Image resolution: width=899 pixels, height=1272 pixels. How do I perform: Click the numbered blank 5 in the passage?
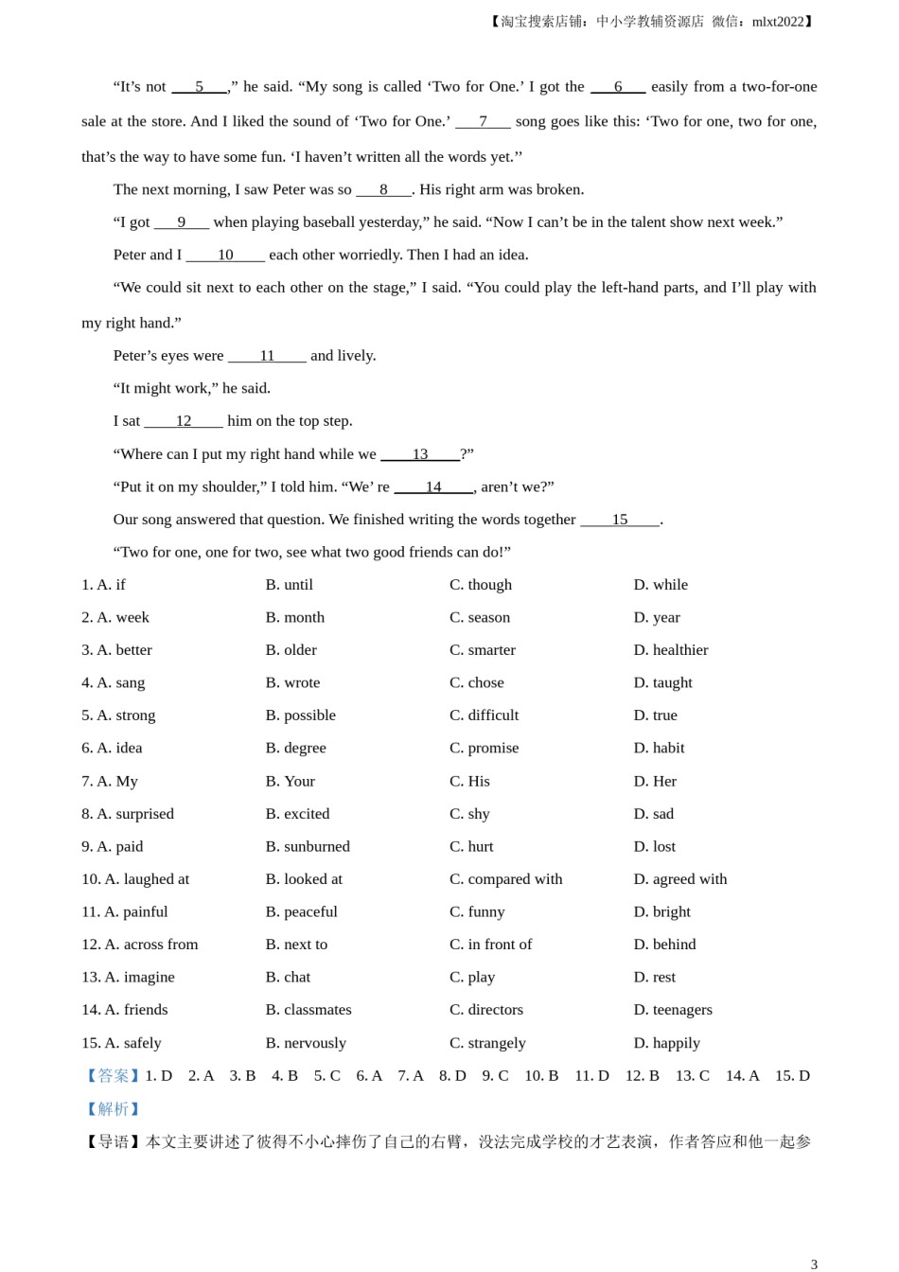(199, 87)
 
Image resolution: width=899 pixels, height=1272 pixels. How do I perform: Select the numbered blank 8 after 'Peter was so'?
(383, 189)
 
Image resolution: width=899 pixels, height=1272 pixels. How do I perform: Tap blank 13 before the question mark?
(420, 454)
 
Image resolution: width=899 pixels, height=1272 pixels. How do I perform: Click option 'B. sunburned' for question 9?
(308, 846)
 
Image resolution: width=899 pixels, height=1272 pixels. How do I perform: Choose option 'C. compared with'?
(505, 879)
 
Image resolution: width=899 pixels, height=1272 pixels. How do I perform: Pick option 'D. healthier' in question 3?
(670, 650)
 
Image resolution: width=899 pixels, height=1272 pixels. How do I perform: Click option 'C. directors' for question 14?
(485, 1010)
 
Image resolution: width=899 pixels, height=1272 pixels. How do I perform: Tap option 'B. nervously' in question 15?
(306, 1043)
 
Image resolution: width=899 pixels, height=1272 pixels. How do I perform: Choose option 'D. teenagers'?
(672, 1010)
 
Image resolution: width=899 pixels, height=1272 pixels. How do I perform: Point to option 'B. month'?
(294, 617)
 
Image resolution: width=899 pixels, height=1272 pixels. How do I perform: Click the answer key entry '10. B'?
(541, 1076)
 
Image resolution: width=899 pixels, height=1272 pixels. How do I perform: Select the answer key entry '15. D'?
(792, 1076)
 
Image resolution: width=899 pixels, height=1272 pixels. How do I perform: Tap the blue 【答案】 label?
(113, 1076)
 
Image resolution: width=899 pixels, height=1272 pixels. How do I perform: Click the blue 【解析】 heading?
(113, 1109)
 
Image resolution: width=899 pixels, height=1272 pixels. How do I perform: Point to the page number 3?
(814, 1264)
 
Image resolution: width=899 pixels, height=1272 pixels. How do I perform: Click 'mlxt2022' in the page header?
(778, 22)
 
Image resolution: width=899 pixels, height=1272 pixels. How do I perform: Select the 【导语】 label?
(113, 1142)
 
